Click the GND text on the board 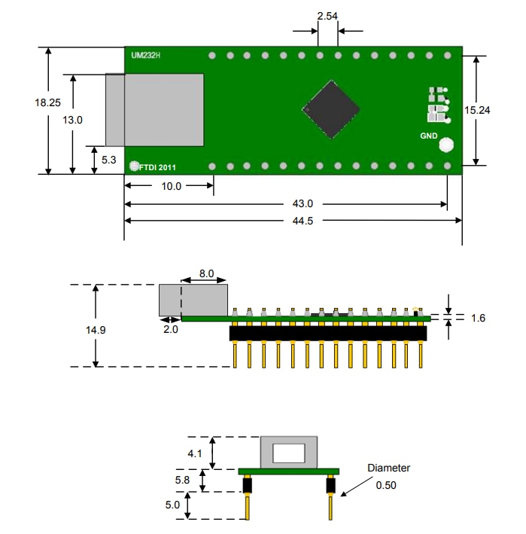point(428,136)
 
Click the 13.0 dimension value point(72,120)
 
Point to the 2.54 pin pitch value point(327,16)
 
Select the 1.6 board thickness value point(478,318)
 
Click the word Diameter point(388,468)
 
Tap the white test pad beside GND point(446,144)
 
